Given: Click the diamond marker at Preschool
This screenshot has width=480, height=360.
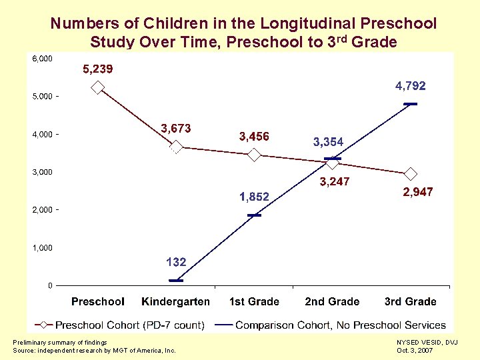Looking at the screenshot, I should tap(97, 87).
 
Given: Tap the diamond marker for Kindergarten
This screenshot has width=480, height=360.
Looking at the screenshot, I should tap(176, 147).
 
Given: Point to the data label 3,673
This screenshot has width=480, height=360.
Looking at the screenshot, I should tap(176, 128).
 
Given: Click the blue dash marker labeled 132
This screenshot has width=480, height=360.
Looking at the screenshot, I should tap(176, 280).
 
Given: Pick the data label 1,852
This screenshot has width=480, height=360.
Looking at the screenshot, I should tap(254, 197).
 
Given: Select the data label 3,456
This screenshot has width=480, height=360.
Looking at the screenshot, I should tap(254, 137).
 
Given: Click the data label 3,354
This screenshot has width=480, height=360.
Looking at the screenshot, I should tap(328, 141).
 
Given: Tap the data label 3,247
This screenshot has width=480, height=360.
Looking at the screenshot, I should tap(335, 181).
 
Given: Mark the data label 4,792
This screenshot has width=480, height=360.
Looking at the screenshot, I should tap(410, 86).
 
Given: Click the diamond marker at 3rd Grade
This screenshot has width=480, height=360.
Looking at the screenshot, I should tap(411, 174).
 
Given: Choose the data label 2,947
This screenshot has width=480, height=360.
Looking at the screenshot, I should tap(418, 192).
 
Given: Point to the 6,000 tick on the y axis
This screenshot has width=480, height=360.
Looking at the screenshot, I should tap(42, 59).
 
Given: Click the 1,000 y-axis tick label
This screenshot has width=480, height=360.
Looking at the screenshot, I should tap(42, 248).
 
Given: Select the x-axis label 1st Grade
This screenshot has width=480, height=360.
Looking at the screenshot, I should tap(254, 301).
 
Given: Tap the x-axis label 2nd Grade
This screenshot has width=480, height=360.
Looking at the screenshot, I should tap(332, 301).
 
